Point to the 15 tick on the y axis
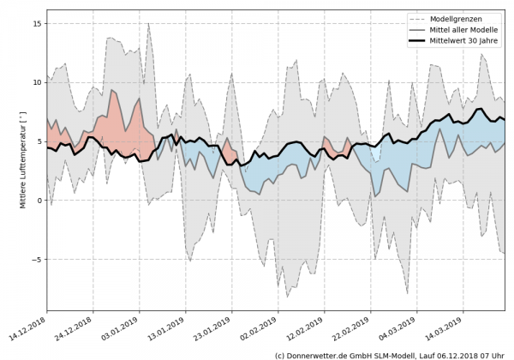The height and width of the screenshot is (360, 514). [37, 24]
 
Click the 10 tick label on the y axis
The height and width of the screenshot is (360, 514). [37, 82]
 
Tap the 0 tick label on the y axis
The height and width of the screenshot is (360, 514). [39, 201]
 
